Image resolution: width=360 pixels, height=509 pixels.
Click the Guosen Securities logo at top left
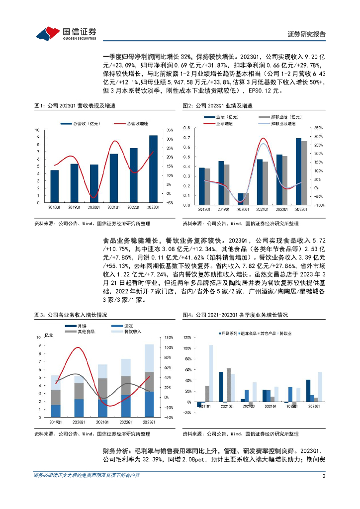[x=60, y=33]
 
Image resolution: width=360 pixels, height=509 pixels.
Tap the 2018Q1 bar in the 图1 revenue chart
[x=55, y=186]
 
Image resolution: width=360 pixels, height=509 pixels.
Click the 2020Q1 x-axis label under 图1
[x=94, y=207]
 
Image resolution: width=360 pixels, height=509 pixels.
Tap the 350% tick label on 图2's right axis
[x=319, y=128]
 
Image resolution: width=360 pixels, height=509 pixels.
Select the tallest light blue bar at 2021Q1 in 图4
[x=211, y=373]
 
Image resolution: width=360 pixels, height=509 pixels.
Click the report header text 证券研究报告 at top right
[x=307, y=34]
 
